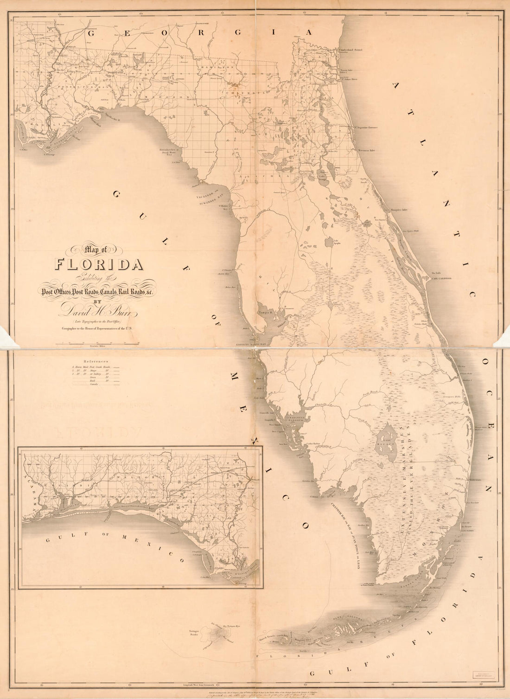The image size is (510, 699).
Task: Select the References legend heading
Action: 96,360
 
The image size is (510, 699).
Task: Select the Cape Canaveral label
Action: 441,279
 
